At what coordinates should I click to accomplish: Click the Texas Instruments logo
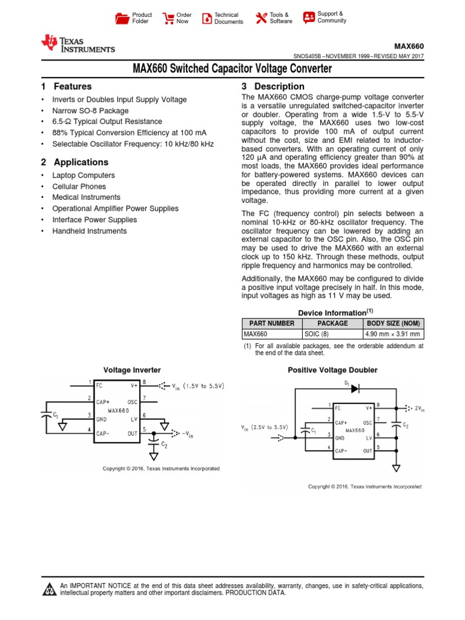click(x=77, y=44)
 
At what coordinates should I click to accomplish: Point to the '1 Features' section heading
click(x=67, y=87)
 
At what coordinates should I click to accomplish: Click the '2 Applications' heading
click(x=74, y=162)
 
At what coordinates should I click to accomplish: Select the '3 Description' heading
click(x=273, y=87)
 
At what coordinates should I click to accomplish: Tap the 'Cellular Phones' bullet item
click(x=79, y=186)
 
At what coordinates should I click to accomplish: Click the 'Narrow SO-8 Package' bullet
click(x=90, y=111)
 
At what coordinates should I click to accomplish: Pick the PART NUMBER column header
click(x=272, y=323)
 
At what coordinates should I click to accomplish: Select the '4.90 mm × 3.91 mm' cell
click(x=392, y=334)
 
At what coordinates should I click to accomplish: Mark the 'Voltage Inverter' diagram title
click(x=132, y=369)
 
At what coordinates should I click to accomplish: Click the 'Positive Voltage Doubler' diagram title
click(x=332, y=370)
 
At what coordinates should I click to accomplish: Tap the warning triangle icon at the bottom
click(x=49, y=590)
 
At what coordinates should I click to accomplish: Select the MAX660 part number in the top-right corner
click(x=409, y=46)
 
